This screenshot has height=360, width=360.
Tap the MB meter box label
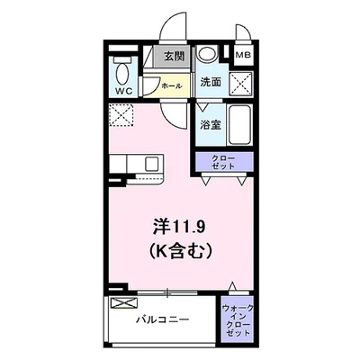point(240,56)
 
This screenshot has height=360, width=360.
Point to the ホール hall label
point(172,85)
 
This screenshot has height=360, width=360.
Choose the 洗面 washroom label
point(211,82)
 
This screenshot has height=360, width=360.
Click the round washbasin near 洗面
point(208,53)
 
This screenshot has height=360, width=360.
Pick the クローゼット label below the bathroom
point(223,163)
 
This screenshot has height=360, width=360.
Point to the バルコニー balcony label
point(162,319)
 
